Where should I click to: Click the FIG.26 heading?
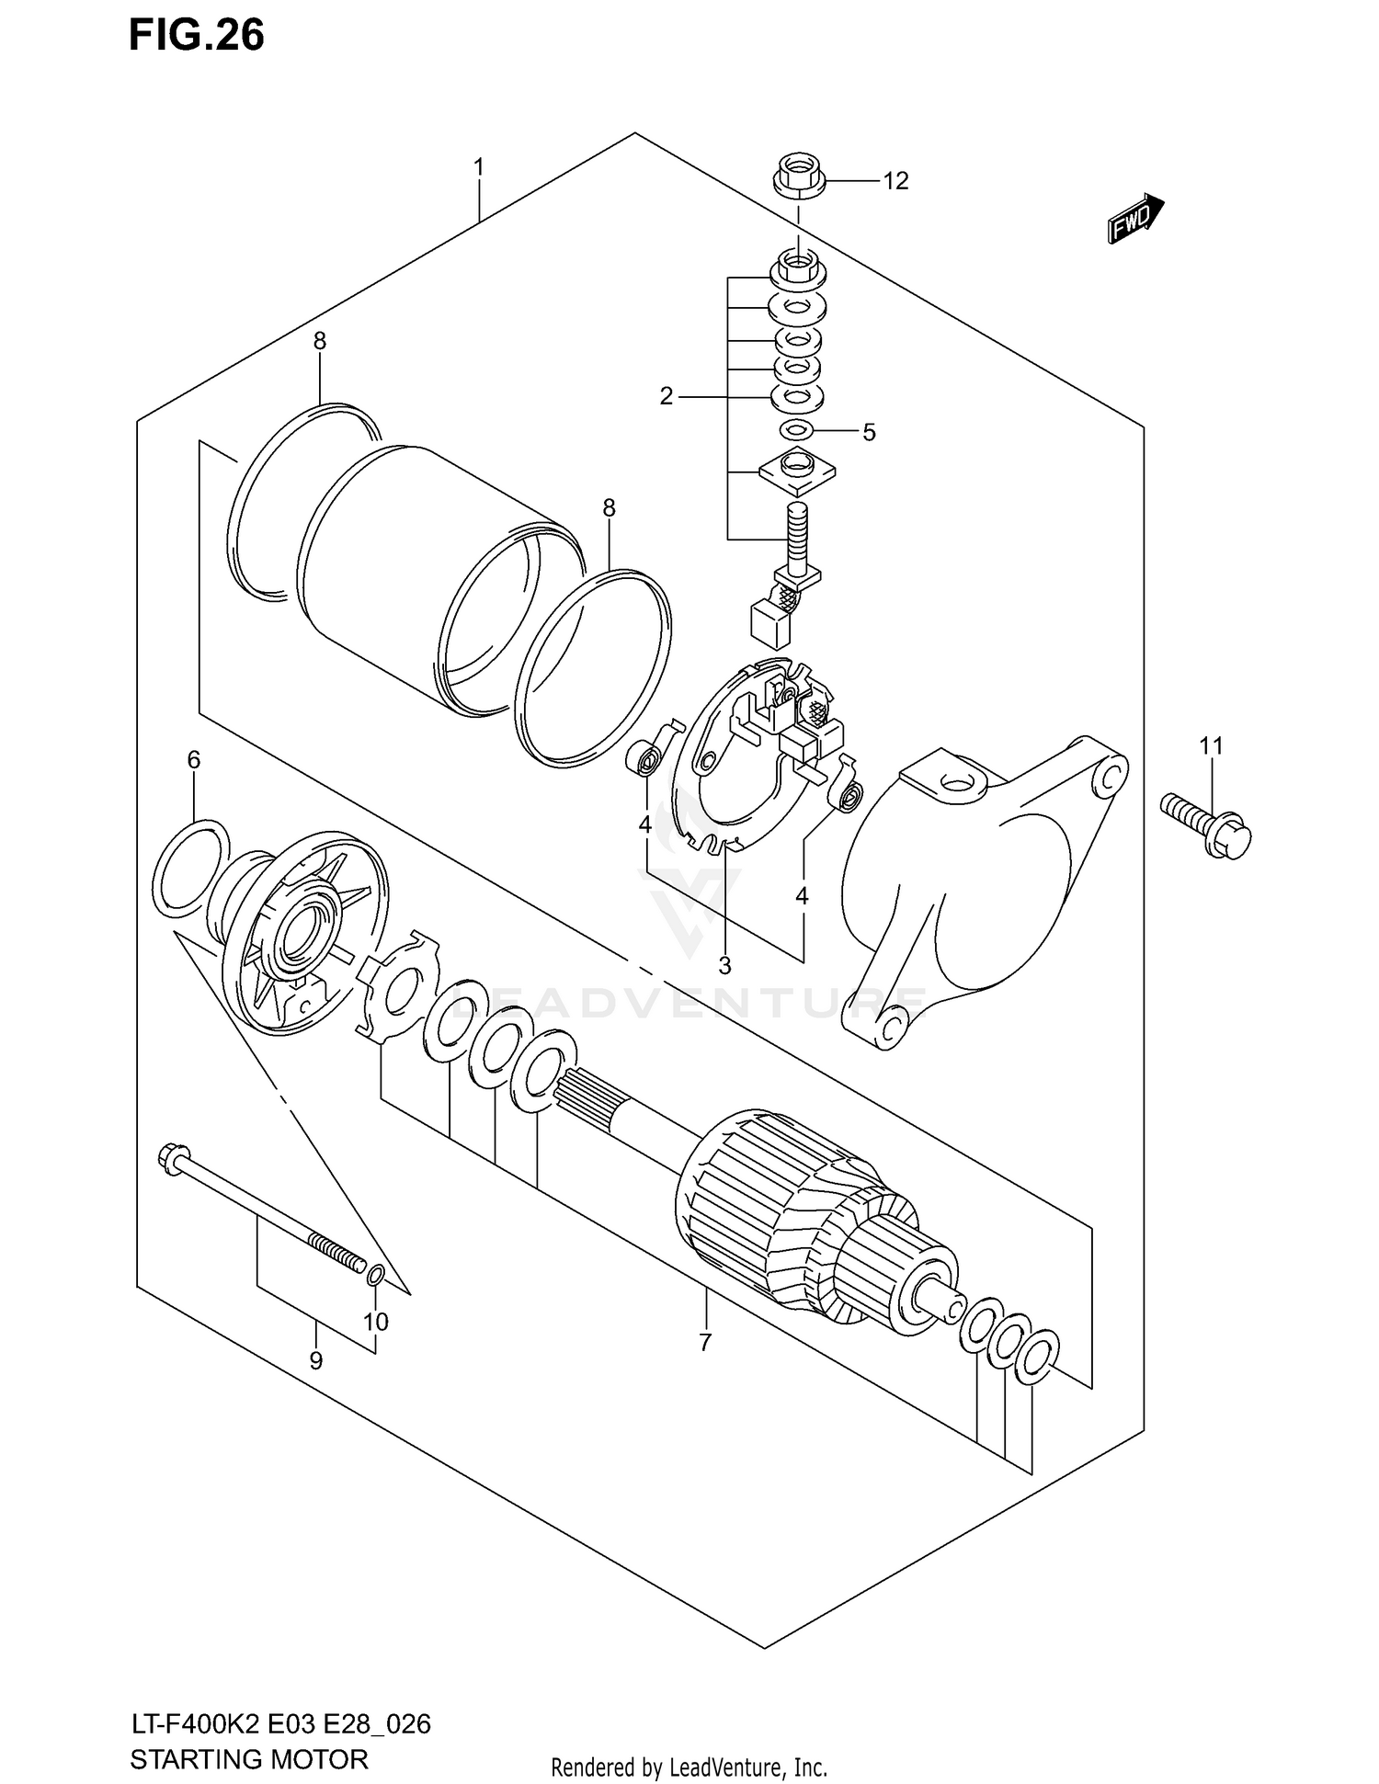pyautogui.click(x=196, y=35)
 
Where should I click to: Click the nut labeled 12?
pyautogui.click(x=798, y=176)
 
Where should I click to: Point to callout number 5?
pyautogui.click(x=869, y=432)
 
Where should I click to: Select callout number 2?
pyautogui.click(x=667, y=396)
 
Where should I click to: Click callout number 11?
pyautogui.click(x=1211, y=745)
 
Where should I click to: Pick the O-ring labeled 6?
pyautogui.click(x=190, y=868)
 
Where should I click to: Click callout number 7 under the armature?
pyautogui.click(x=704, y=1343)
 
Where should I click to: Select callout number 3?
pyautogui.click(x=724, y=966)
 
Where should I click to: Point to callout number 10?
pyautogui.click(x=375, y=1322)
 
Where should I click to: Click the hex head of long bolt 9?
pyautogui.click(x=174, y=1156)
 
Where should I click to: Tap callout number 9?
pyautogui.click(x=315, y=1361)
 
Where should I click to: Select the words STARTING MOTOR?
pyautogui.click(x=249, y=1759)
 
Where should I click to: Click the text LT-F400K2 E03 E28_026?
pyautogui.click(x=279, y=1724)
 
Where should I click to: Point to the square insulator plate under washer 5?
pyautogui.click(x=797, y=472)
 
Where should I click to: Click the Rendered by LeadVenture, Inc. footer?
pyautogui.click(x=689, y=1767)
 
